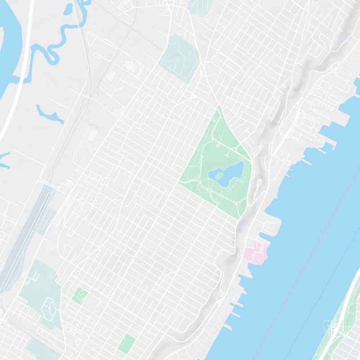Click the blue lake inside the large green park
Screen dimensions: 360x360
tap(232, 173)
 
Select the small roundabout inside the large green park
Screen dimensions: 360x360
tap(209, 190)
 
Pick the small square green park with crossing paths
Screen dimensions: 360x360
tap(80, 295)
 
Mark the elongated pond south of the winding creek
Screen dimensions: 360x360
tap(49, 115)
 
